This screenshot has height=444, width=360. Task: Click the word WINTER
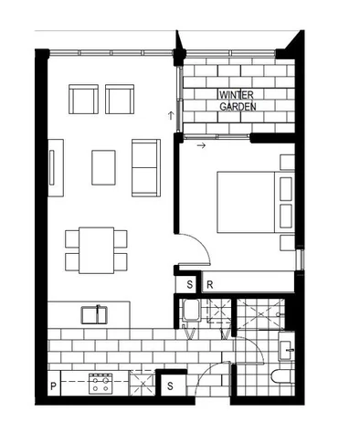[x=237, y=95]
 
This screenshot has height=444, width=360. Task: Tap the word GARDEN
[x=237, y=106]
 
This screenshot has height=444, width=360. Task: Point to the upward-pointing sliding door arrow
[x=171, y=115]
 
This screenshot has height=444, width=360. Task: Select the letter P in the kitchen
[x=53, y=386]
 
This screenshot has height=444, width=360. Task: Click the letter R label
[x=209, y=285]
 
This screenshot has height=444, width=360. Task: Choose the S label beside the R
[x=189, y=285]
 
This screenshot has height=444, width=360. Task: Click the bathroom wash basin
[x=285, y=348]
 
